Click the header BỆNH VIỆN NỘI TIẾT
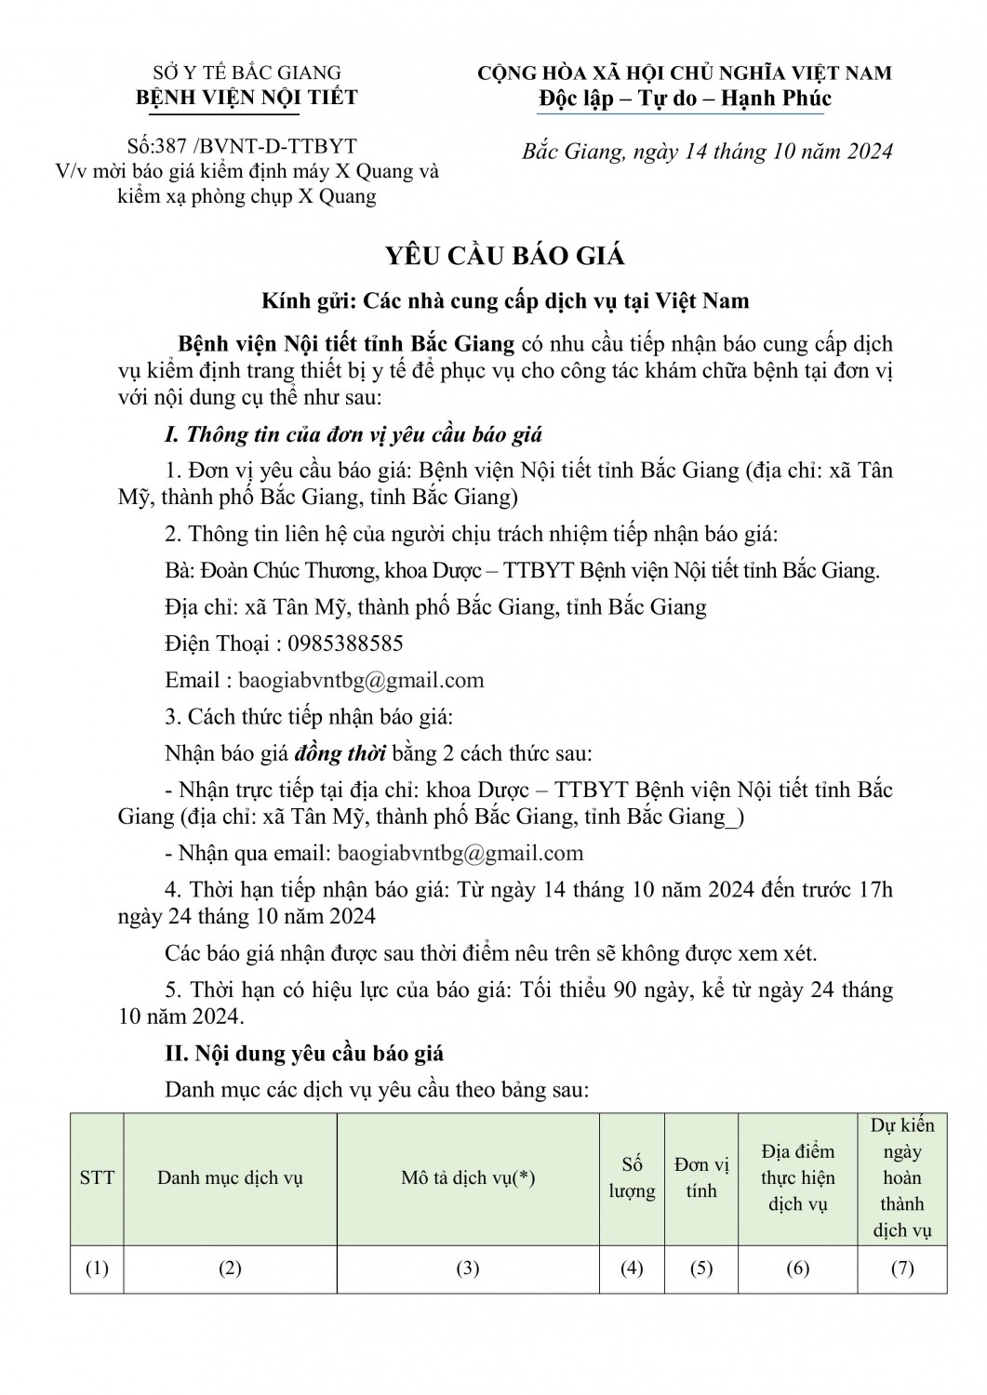(x=247, y=98)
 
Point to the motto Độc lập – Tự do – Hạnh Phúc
(x=685, y=99)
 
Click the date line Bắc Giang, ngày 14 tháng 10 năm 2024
(x=707, y=152)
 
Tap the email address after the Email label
(x=361, y=680)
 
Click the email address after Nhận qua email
(x=460, y=853)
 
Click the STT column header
(x=97, y=1178)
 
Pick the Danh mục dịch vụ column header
(x=230, y=1178)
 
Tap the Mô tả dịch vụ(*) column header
(x=468, y=1178)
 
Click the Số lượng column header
(x=633, y=1178)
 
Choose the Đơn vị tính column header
(x=701, y=1178)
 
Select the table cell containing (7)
(x=902, y=1269)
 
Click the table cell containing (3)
(x=468, y=1269)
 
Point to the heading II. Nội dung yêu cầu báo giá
(x=304, y=1053)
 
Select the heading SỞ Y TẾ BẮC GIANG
(x=247, y=73)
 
